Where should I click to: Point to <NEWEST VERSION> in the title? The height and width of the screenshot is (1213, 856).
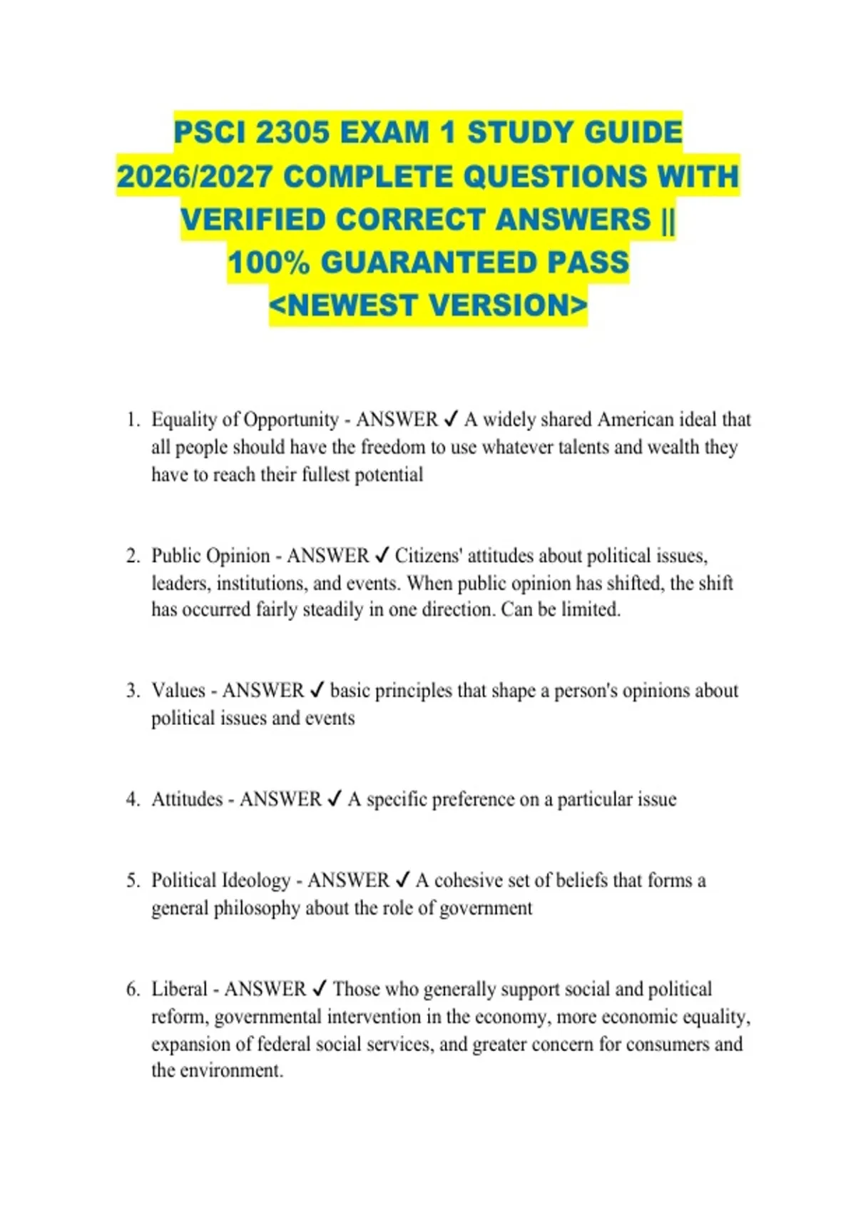428,305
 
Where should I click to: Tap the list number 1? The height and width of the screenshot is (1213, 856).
132,420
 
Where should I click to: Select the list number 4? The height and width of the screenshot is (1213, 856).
133,799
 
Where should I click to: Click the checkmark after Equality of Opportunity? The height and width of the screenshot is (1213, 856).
451,420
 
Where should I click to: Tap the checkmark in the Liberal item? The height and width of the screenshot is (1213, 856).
320,989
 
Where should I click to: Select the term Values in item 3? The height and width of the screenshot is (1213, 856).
178,691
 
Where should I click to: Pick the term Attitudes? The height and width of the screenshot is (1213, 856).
187,799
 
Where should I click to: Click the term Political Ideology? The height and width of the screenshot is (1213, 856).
220,880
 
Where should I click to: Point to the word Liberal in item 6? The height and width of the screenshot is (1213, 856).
179,989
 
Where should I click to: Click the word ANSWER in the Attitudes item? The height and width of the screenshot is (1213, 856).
280,799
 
